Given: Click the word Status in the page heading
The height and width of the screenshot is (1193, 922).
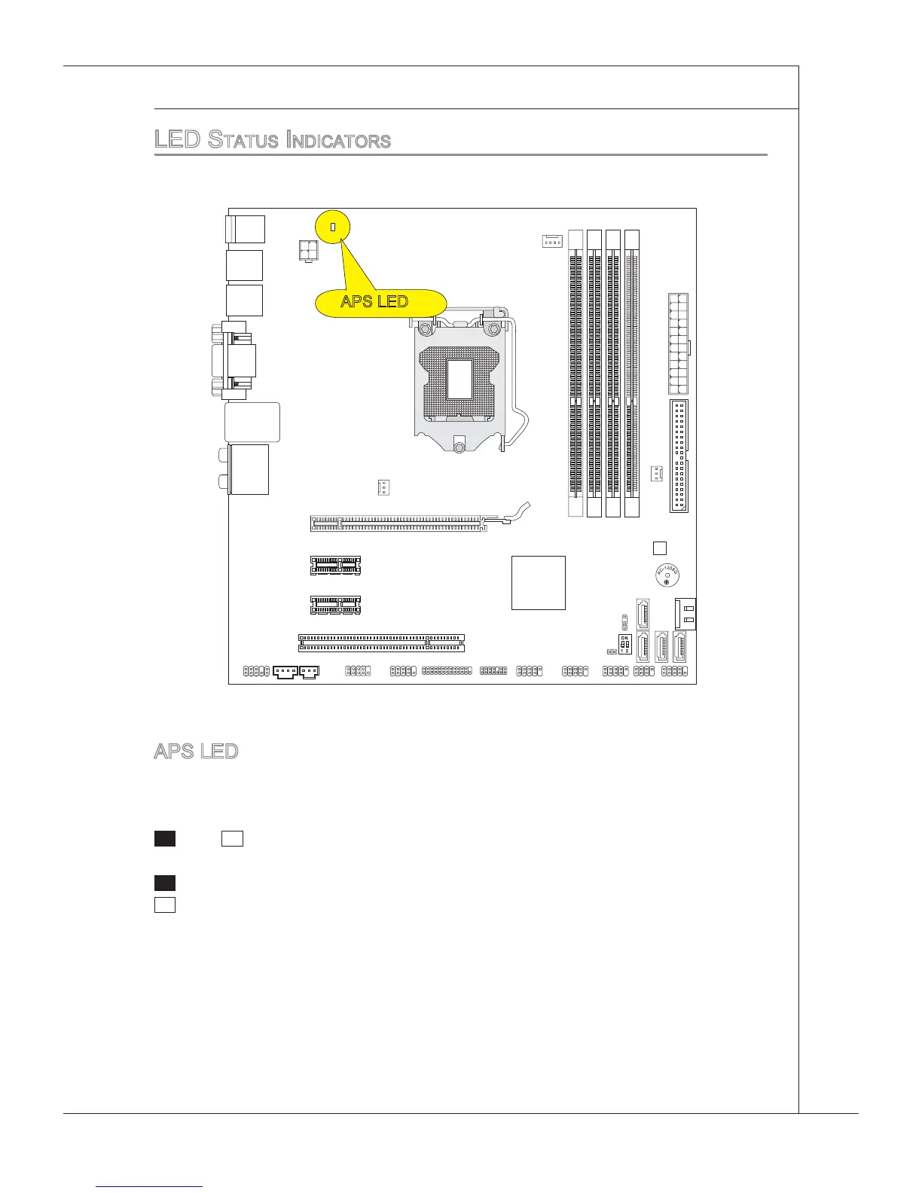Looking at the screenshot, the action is [x=242, y=140].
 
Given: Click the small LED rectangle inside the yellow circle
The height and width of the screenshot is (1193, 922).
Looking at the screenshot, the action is [x=333, y=227].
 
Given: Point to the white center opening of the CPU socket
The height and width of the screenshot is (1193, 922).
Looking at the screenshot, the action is [x=459, y=379].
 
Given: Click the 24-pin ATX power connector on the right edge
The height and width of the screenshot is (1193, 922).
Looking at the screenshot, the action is [x=678, y=344].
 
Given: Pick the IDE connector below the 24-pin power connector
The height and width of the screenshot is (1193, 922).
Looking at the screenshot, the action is [x=678, y=456].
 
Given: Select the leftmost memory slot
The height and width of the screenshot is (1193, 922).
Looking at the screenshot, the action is [x=576, y=373].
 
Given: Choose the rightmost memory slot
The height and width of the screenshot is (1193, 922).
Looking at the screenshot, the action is [x=631, y=373].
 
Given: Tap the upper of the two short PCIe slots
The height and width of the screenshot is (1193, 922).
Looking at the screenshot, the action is [x=335, y=565].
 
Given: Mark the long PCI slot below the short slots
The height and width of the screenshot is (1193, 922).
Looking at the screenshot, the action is [x=381, y=642].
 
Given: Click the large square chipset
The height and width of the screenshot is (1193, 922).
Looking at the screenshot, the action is [x=538, y=582].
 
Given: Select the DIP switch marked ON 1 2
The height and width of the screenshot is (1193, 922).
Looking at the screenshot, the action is [x=625, y=644].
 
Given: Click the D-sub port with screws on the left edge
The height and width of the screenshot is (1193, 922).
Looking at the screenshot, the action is [x=234, y=360].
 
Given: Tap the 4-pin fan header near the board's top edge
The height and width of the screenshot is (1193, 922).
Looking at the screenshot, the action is [x=552, y=241].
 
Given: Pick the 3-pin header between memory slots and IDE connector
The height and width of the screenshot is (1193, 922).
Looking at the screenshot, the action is [x=656, y=474].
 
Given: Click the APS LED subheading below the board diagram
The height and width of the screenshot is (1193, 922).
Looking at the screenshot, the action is [x=196, y=751].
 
